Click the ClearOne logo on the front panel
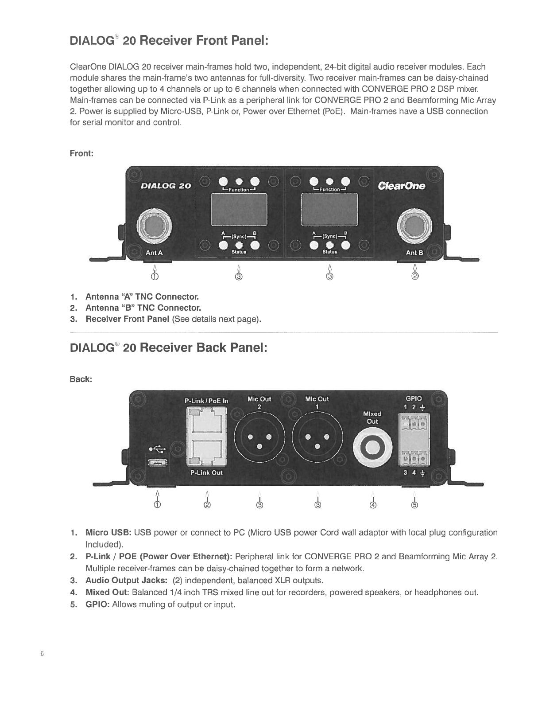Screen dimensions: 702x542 pos(401,186)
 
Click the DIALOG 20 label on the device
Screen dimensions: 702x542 pos(165,186)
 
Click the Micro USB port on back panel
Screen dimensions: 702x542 pos(157,463)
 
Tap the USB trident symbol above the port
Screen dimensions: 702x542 pos(157,449)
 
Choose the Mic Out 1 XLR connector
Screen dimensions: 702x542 pos(317,441)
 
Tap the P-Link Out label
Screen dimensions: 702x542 pos(206,472)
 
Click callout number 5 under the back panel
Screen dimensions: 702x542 pos(414,505)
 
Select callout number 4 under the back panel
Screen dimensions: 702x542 pos(373,505)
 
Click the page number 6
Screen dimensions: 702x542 pos(42,654)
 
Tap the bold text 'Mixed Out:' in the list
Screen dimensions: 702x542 pos(107,593)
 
